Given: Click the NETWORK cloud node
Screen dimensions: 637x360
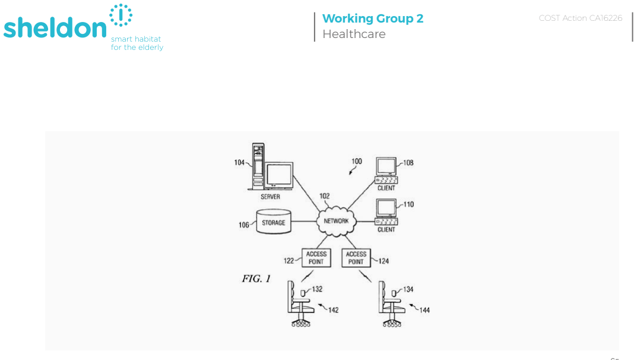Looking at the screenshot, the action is [337, 222].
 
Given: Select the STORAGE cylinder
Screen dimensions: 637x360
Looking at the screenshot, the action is [274, 222].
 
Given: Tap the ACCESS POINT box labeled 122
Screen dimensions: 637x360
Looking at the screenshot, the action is [316, 258].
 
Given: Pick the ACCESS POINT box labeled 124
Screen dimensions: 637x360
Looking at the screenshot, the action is [356, 258].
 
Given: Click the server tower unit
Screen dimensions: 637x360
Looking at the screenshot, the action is [258, 166].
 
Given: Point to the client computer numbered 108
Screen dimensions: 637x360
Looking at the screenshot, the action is [386, 170].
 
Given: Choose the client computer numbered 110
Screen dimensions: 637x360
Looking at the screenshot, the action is [386, 212].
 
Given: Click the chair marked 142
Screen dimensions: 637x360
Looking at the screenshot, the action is [300, 304].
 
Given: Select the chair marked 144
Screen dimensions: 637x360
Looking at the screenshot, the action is [391, 304].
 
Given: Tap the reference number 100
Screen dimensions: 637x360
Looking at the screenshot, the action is [357, 162].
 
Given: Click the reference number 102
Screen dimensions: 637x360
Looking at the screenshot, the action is [325, 196].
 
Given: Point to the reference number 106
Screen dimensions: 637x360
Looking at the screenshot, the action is [244, 225].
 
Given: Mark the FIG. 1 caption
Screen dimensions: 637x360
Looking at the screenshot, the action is [256, 279].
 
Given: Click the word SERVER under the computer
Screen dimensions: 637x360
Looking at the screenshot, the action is [270, 197].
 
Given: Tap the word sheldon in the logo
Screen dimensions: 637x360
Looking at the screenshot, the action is [55, 28].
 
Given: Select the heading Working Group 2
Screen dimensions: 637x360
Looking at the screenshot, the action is [373, 18].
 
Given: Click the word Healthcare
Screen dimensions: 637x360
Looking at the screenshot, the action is [354, 34].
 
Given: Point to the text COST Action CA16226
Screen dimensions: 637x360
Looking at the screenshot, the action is [581, 18].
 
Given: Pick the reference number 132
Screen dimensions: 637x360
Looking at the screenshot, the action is [317, 289].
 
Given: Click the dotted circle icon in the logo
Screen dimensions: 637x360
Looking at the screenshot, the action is [121, 15].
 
